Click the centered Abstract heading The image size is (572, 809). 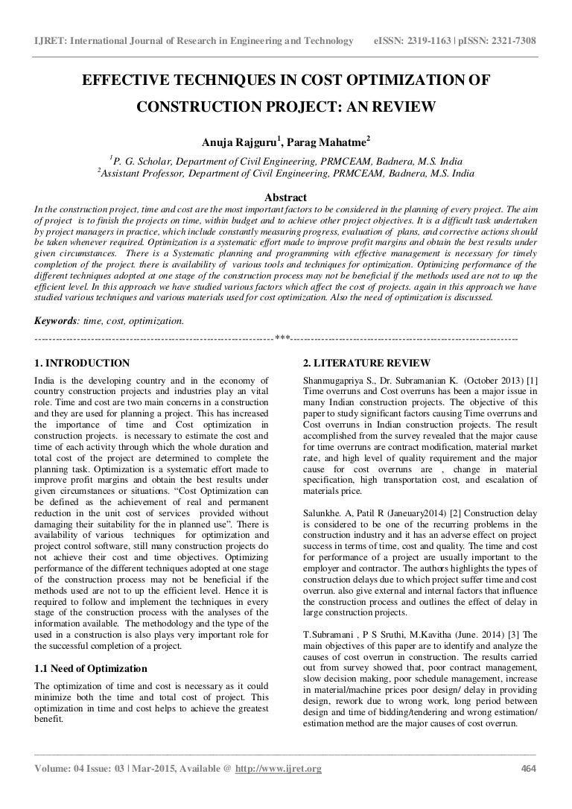[x=286, y=197]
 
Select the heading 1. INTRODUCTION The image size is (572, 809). [x=82, y=364]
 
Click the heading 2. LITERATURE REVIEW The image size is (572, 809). [x=366, y=364]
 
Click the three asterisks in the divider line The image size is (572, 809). [x=282, y=339]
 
